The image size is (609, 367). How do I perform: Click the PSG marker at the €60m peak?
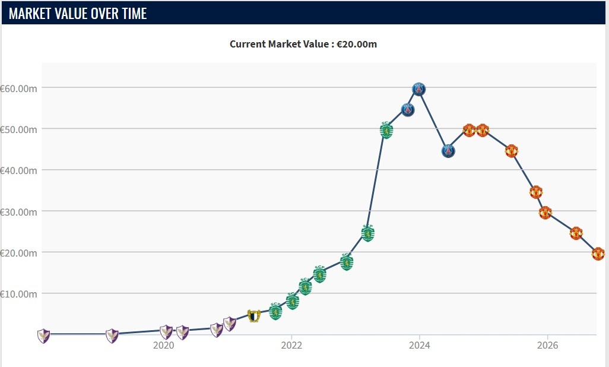click(x=418, y=89)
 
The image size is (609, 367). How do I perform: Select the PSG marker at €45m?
click(x=448, y=151)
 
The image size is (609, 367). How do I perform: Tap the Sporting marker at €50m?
click(x=386, y=130)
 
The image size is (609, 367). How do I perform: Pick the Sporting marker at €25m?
click(x=368, y=233)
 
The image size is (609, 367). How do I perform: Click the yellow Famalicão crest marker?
click(x=254, y=316)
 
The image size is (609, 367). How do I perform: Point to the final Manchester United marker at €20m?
click(x=598, y=254)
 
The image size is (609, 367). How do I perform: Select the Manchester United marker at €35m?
click(x=536, y=192)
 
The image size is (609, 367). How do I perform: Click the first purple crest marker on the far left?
click(x=43, y=336)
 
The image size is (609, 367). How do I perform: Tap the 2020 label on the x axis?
click(x=163, y=345)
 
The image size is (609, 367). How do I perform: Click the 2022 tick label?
click(x=291, y=345)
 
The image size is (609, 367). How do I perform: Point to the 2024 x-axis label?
click(x=420, y=345)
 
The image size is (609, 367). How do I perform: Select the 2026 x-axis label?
click(x=547, y=345)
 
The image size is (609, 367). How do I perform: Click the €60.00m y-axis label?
click(x=18, y=88)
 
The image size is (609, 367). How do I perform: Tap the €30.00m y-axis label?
click(x=18, y=212)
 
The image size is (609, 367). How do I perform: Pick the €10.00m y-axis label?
click(x=18, y=294)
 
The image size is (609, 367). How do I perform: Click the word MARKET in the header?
click(x=30, y=14)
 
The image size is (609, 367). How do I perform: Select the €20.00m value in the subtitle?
click(x=357, y=44)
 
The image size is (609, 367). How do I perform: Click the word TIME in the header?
click(x=134, y=14)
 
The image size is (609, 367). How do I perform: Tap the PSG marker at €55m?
click(x=408, y=110)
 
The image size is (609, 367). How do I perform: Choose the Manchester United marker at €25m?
click(x=576, y=233)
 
